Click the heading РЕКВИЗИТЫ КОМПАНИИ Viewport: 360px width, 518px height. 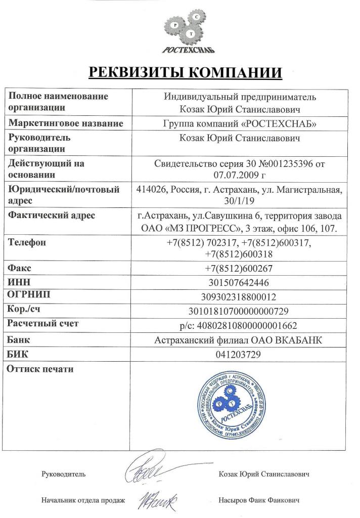click(185, 72)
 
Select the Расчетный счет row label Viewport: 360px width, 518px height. click(43, 323)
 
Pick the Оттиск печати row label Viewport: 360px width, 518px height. click(40, 369)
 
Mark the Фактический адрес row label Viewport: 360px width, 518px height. click(52, 216)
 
